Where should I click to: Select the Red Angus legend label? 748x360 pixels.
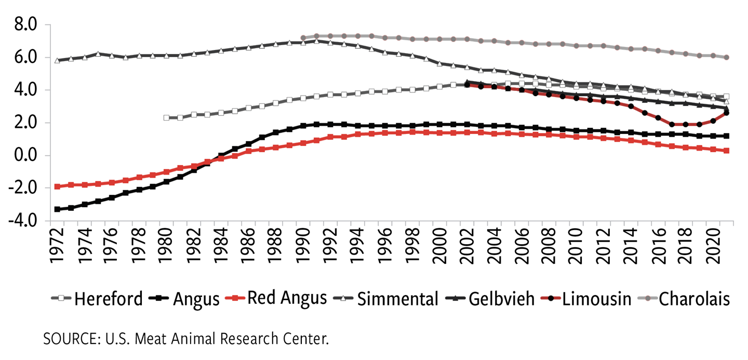tap(286, 298)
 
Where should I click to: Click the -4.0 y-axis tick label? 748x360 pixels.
tap(23, 221)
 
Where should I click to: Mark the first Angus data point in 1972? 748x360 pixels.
tap(58, 209)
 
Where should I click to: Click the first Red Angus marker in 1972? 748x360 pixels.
tap(58, 186)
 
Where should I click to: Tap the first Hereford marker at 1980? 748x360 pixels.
tap(167, 118)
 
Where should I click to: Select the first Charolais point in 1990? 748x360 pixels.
tap(303, 38)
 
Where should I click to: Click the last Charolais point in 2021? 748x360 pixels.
tap(727, 58)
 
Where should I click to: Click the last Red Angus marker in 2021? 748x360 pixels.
tap(727, 151)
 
